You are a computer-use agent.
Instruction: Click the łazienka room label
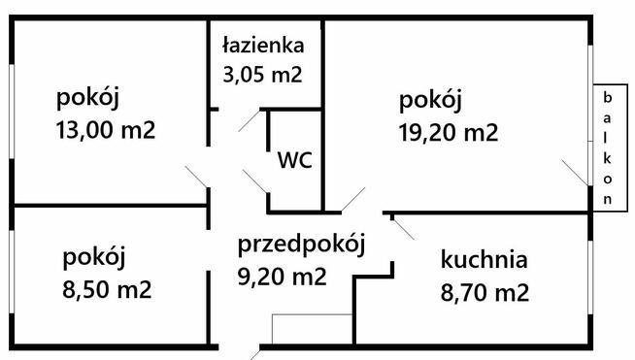[263, 45]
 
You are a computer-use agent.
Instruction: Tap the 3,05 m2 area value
[263, 73]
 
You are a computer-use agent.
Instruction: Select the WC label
[294, 160]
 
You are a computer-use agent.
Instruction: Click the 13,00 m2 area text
[107, 130]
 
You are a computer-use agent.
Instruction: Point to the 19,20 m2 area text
[449, 132]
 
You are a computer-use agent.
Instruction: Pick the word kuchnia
[484, 259]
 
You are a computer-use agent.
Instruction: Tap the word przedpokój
[301, 245]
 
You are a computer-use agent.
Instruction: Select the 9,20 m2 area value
[283, 277]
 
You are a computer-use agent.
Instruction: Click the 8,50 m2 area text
[107, 288]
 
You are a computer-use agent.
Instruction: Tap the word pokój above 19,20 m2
[430, 100]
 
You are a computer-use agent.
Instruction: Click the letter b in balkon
[608, 97]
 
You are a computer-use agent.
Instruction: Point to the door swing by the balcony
[575, 174]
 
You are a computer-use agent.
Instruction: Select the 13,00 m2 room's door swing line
[196, 179]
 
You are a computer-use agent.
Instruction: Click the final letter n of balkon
[608, 198]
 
